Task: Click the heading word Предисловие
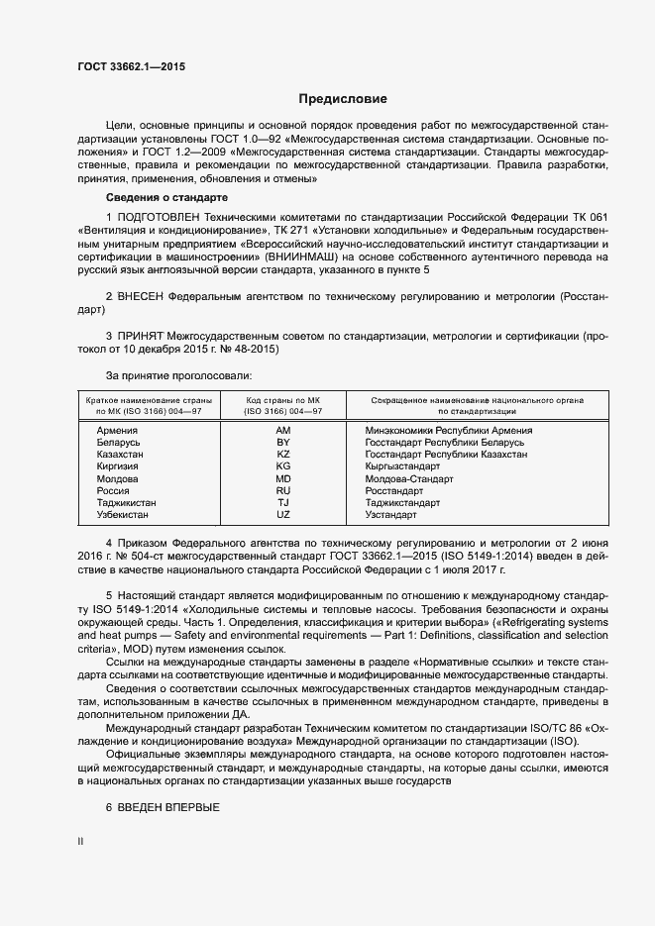[343, 99]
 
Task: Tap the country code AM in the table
[282, 431]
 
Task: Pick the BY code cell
[282, 443]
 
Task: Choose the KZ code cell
[282, 455]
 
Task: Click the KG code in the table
[282, 466]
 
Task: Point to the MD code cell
[282, 479]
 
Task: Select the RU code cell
[282, 491]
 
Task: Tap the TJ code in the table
[282, 503]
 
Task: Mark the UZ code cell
[282, 515]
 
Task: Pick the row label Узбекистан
[125, 515]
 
